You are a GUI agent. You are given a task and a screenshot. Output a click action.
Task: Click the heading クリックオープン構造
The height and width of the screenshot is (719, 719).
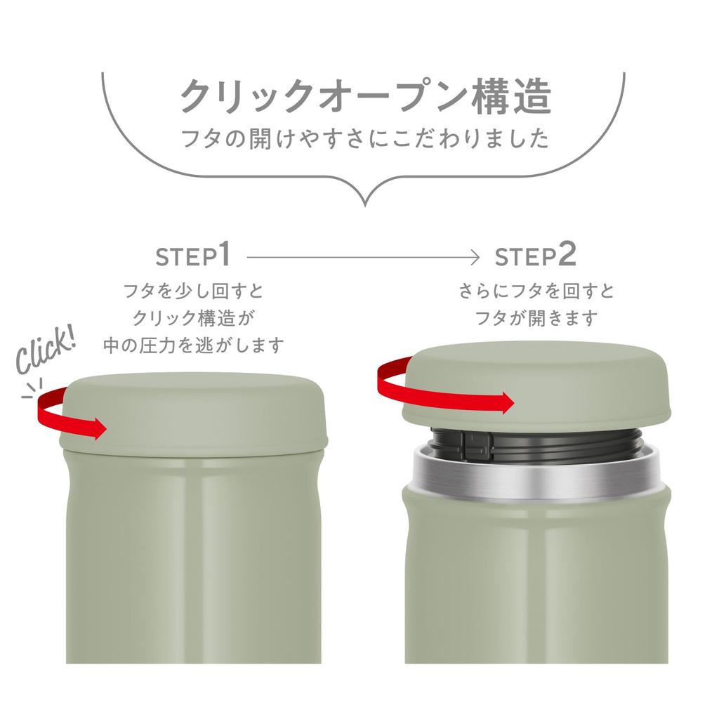click(x=365, y=96)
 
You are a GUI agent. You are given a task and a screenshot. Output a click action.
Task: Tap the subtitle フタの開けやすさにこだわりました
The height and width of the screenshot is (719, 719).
click(x=365, y=138)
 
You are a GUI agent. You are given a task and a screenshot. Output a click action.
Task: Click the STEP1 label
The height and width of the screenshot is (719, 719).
click(x=193, y=256)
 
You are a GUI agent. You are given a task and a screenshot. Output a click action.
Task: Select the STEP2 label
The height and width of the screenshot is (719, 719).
click(x=535, y=256)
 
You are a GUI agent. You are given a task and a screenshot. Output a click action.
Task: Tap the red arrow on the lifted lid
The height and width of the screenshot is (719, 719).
click(x=449, y=390)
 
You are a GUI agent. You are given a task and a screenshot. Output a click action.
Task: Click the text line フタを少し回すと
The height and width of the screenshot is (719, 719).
click(x=193, y=291)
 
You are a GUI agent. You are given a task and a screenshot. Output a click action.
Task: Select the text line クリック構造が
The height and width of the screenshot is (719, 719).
click(x=193, y=318)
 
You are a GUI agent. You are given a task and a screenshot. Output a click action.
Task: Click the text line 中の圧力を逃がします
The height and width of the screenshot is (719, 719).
click(x=193, y=345)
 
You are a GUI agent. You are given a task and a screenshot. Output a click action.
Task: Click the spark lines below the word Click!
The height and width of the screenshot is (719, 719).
click(x=31, y=388)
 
